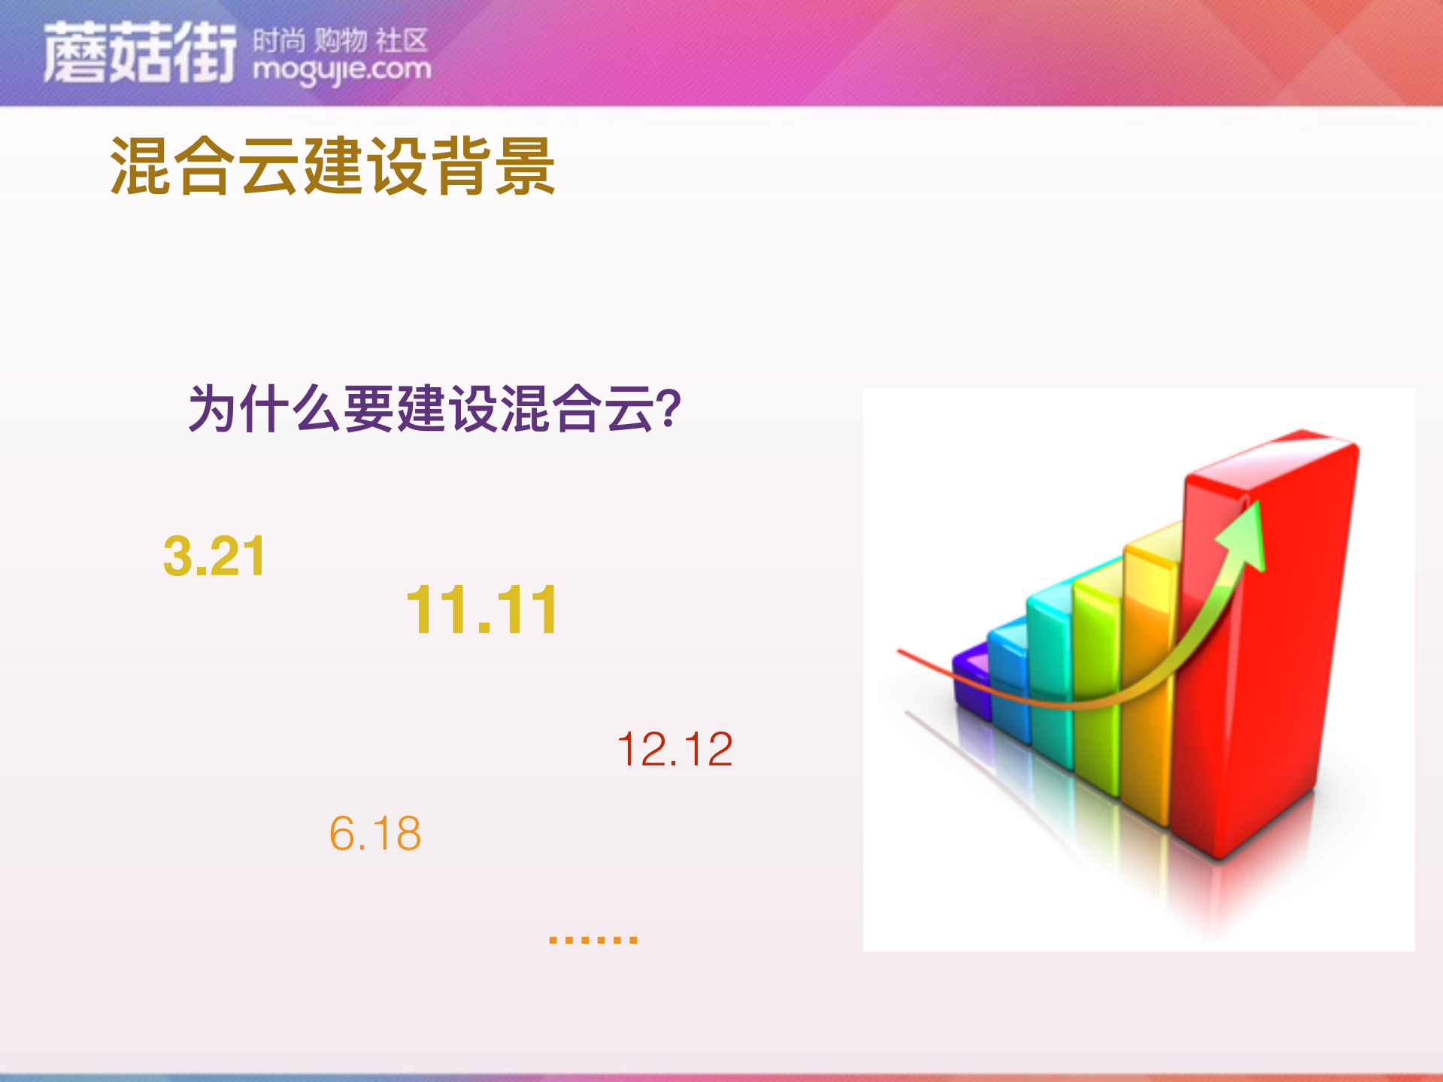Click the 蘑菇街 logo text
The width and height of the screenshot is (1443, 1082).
(139, 53)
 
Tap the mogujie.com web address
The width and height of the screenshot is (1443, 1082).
(342, 70)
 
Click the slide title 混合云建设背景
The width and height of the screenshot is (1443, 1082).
(332, 166)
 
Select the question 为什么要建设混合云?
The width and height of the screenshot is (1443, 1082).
(434, 409)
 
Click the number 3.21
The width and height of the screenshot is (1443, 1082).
(214, 557)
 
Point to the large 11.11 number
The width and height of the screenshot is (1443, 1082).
(482, 611)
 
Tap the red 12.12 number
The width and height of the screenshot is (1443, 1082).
(675, 750)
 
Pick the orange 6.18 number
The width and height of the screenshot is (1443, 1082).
(375, 834)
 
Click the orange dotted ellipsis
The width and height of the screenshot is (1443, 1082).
(593, 939)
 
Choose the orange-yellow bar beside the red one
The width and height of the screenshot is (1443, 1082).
(1147, 677)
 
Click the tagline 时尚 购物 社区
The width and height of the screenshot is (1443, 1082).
(340, 40)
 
